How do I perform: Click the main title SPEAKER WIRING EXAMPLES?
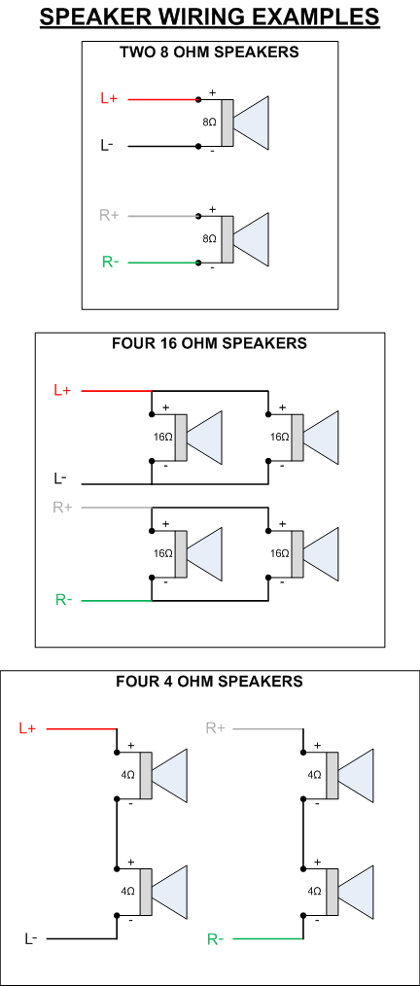(209, 16)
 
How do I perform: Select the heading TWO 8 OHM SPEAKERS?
(209, 53)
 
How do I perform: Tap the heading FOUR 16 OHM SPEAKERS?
(209, 343)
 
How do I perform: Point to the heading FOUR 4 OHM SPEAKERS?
(209, 681)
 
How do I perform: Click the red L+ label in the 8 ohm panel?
(110, 98)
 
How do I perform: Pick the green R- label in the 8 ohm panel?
(110, 263)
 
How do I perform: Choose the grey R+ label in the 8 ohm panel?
(110, 215)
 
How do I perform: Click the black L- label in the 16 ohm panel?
(60, 478)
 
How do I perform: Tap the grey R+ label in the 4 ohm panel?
(215, 728)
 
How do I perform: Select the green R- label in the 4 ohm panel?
(216, 940)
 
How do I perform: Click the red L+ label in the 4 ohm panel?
(27, 728)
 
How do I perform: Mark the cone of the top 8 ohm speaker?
(251, 123)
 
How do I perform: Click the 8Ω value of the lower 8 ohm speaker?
(209, 239)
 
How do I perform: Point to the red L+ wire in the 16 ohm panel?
(117, 391)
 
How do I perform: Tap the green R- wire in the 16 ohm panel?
(117, 601)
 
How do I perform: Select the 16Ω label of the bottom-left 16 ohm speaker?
(162, 553)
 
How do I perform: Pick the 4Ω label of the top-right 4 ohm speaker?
(314, 775)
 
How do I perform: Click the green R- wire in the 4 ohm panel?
(267, 938)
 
